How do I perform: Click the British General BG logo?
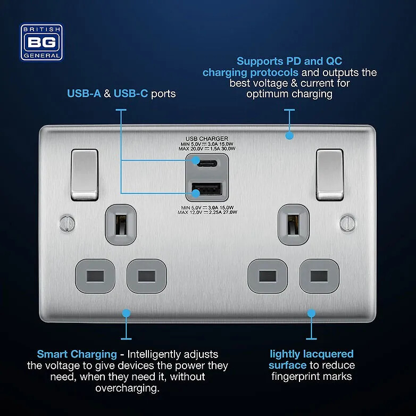tap(42, 42)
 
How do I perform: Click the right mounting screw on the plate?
tap(350, 219)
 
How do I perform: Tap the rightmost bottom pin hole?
tap(318, 276)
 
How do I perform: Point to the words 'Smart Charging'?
tap(77, 354)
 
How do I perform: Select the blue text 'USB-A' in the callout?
tap(82, 94)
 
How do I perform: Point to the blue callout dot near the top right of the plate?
tap(289, 136)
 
